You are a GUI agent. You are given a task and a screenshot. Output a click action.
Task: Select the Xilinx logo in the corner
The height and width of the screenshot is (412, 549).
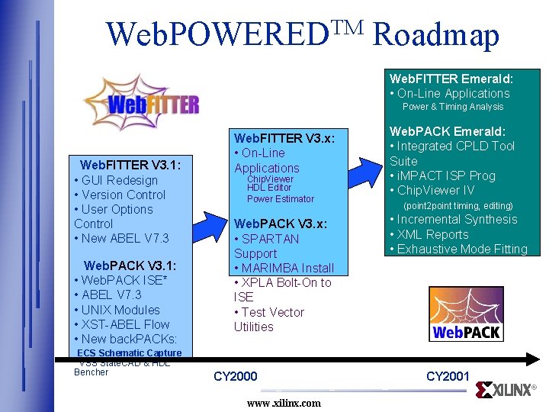pos(505,389)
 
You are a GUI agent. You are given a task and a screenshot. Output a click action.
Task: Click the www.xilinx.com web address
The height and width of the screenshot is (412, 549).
pos(284,402)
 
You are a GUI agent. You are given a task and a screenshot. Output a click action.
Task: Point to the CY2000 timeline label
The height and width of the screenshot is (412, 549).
pos(236,376)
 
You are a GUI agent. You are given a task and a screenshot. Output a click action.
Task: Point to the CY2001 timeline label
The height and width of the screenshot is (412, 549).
pos(448,376)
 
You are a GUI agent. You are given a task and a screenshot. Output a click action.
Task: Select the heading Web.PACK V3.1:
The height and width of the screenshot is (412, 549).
pos(130,266)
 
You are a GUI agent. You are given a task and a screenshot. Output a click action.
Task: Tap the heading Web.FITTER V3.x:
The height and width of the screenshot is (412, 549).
pos(284,138)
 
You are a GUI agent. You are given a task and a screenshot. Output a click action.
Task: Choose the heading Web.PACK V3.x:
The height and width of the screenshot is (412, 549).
pos(281,224)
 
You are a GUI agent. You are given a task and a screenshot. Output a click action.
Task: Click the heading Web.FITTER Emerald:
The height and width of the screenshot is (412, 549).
pos(451,79)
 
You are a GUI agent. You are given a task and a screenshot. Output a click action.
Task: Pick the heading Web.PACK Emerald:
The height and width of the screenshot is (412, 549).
pos(448,131)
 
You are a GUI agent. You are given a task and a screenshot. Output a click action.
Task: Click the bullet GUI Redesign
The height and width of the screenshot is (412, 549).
pos(118,180)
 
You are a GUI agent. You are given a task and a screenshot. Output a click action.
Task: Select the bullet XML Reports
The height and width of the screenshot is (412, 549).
pos(432,234)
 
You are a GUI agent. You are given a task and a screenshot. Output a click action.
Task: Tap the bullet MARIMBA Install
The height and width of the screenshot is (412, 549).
pos(287,268)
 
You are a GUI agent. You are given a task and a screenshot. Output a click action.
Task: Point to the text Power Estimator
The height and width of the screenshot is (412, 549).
pos(280,199)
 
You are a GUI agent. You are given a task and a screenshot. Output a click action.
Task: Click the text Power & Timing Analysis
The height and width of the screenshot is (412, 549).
pos(453,107)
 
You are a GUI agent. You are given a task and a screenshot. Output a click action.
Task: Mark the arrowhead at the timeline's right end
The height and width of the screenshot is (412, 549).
pos(533,358)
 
